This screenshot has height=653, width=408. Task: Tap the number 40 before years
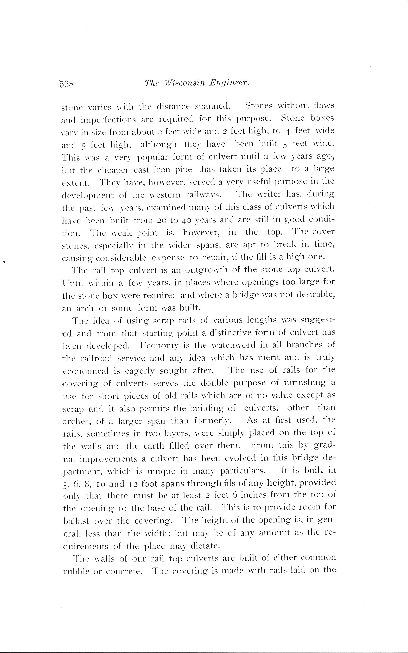[x=186, y=220]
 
